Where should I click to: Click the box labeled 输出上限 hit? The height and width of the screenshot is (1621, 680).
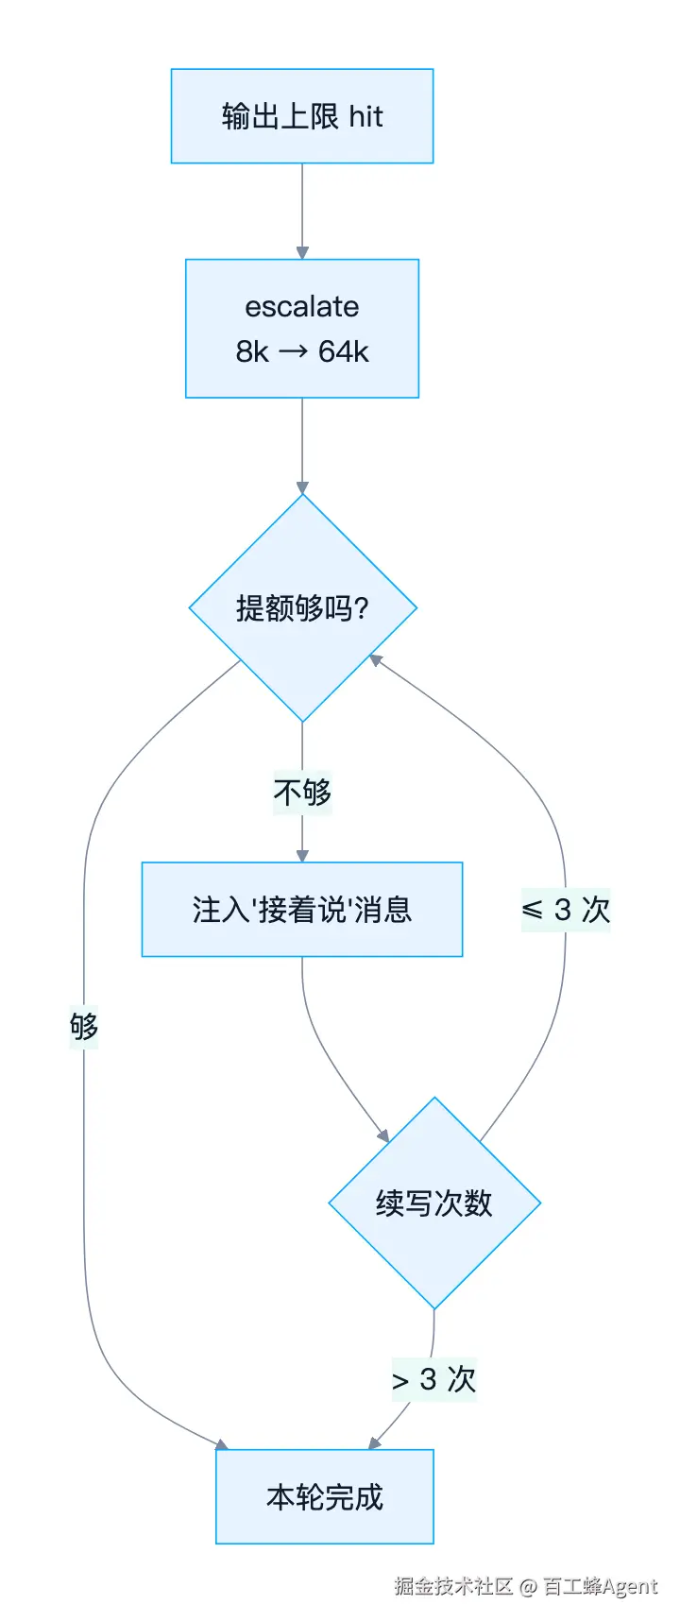click(302, 116)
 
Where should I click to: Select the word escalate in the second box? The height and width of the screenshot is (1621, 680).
click(302, 306)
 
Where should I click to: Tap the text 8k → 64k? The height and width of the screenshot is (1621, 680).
click(302, 351)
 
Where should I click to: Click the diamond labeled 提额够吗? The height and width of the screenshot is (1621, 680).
click(302, 607)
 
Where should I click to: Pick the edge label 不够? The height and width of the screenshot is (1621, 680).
click(302, 792)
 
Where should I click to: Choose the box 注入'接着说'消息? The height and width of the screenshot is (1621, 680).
click(302, 910)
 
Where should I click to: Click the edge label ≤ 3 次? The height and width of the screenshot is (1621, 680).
click(566, 910)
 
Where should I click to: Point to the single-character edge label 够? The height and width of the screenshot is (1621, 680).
click(84, 1027)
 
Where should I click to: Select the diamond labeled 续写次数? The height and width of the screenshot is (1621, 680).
click(434, 1203)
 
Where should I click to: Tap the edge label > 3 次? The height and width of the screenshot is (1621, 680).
click(434, 1380)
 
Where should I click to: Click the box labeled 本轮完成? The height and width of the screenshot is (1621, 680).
click(325, 1496)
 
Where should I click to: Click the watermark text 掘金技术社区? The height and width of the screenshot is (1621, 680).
click(453, 1586)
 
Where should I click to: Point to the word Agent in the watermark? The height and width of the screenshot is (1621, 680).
click(629, 1587)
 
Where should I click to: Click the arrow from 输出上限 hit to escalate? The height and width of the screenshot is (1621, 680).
click(302, 212)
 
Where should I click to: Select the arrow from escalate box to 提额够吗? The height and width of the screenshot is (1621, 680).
click(302, 446)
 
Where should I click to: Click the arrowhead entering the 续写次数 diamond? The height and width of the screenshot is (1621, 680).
click(382, 1136)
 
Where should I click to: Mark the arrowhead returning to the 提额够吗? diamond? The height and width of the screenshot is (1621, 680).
click(375, 659)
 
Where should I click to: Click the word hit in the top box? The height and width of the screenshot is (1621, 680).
click(366, 116)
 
